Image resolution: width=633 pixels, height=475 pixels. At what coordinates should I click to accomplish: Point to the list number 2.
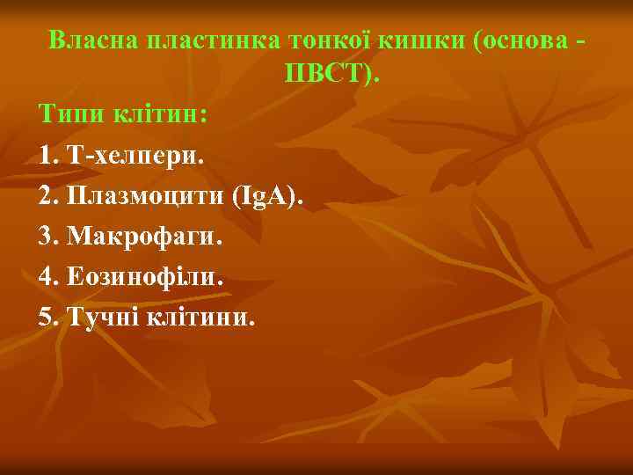pyautogui.click(x=47, y=195)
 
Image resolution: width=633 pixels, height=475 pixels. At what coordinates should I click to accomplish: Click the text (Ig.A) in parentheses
pyautogui.click(x=266, y=195)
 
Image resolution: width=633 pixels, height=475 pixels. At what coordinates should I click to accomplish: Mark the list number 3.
pyautogui.click(x=47, y=236)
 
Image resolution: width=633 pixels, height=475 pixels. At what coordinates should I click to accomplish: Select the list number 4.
pyautogui.click(x=47, y=276)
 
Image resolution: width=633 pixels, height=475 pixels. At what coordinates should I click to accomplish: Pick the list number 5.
pyautogui.click(x=47, y=317)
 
